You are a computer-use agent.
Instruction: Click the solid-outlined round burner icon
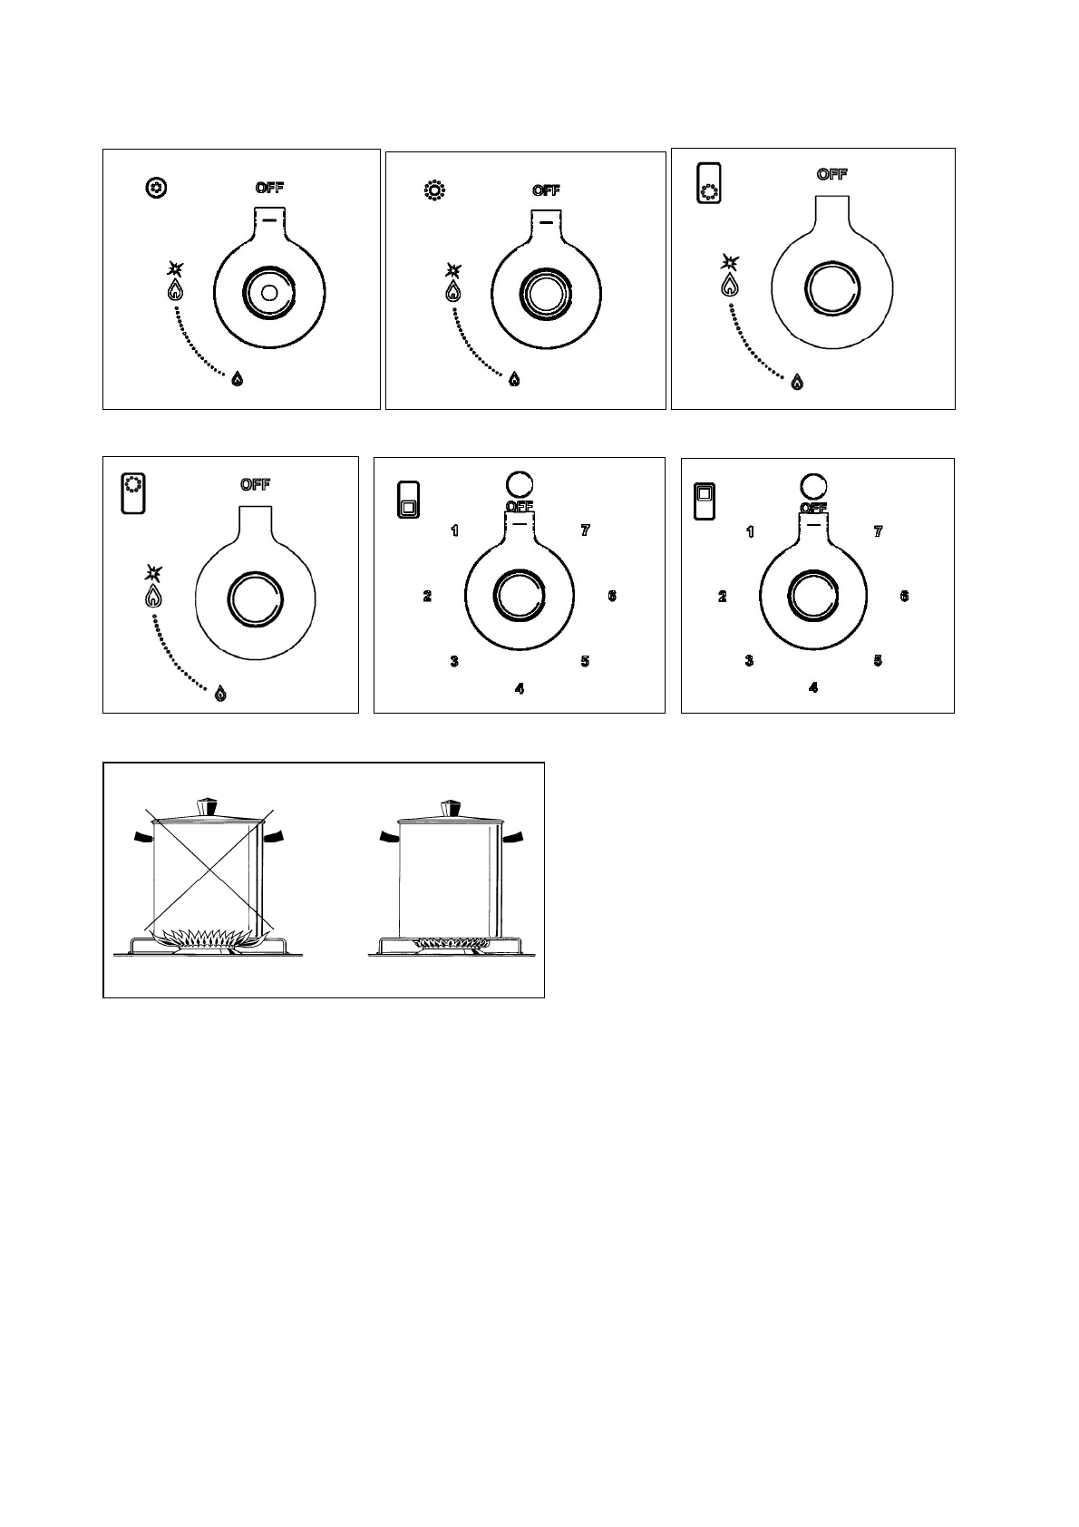tap(156, 189)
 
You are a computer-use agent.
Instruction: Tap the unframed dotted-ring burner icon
tap(434, 191)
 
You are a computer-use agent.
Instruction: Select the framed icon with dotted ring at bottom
tap(708, 183)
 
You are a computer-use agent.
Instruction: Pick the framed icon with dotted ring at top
tap(133, 493)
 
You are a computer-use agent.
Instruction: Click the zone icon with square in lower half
tap(408, 500)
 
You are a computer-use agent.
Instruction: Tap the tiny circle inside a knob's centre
tap(268, 293)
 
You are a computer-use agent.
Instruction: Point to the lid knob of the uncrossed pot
tap(451, 807)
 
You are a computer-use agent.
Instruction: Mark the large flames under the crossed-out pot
tap(209, 938)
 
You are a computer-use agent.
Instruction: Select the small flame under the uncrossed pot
tap(449, 944)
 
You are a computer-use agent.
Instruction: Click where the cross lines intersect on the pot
tap(209, 870)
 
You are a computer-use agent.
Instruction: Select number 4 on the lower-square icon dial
tap(519, 689)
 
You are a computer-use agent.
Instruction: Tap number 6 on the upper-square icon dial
tap(904, 596)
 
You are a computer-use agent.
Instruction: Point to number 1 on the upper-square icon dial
tap(750, 531)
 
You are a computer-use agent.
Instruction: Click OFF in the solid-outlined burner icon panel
tap(269, 188)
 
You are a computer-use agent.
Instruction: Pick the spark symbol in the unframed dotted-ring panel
tap(453, 270)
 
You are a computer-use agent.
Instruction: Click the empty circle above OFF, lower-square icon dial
tap(519, 482)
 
